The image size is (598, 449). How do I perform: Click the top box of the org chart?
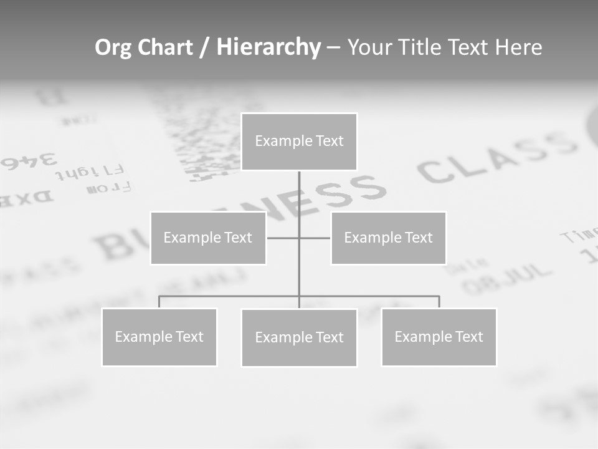click(299, 142)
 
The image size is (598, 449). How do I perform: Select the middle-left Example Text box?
click(208, 238)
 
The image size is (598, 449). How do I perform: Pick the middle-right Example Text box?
click(388, 238)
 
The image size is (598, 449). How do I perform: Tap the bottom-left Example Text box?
click(159, 337)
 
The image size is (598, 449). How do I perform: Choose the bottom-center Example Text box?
click(299, 337)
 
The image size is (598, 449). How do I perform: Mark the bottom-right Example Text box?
click(439, 337)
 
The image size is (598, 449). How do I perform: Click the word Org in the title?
click(113, 47)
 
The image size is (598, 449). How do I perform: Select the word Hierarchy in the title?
click(268, 47)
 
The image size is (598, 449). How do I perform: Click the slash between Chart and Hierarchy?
click(204, 47)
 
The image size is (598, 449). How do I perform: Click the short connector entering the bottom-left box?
click(159, 302)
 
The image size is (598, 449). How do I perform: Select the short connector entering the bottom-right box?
click(439, 302)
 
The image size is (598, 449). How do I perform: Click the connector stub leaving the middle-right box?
click(315, 238)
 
